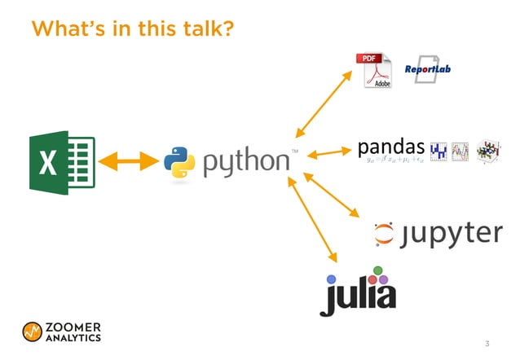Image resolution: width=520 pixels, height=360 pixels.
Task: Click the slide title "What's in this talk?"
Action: [x=132, y=29]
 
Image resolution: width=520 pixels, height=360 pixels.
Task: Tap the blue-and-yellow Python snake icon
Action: [x=179, y=161]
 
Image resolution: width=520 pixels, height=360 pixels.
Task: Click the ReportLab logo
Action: [x=428, y=69]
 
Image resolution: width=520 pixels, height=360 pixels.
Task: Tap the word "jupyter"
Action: [x=452, y=234]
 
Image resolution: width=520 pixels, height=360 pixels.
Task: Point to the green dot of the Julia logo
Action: [x=377, y=270]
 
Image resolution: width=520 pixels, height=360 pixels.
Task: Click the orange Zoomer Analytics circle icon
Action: [x=33, y=331]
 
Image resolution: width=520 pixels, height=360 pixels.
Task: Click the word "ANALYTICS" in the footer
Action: [x=73, y=337]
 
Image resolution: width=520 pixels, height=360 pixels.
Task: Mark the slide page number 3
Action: [x=487, y=343]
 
